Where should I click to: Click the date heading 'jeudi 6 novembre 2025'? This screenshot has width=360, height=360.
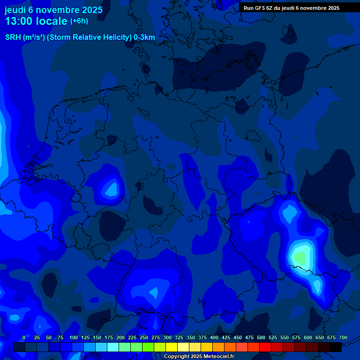(x=53, y=10)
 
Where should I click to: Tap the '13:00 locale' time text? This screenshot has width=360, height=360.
(x=36, y=21)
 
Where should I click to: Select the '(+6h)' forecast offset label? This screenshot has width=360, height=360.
(x=79, y=21)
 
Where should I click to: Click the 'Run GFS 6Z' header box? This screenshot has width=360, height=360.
(x=291, y=8)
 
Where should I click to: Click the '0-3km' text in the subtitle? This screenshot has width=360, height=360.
(x=144, y=37)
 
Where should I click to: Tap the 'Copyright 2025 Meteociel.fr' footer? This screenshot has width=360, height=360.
(x=199, y=357)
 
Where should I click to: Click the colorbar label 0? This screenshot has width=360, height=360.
(x=24, y=337)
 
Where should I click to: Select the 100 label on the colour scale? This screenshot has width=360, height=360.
(x=74, y=337)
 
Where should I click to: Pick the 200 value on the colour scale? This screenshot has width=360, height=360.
(x=120, y=337)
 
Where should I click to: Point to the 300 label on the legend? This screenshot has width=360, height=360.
(x=167, y=337)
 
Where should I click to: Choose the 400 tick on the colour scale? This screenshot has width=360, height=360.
(x=214, y=337)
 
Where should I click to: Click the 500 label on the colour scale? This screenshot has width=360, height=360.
(x=261, y=337)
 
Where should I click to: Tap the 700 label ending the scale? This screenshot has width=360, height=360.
(x=343, y=337)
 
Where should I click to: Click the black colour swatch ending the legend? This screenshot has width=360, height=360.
(x=336, y=347)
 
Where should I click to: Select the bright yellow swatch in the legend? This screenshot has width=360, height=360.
(x=172, y=347)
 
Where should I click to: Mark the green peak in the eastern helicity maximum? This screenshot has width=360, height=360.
(x=300, y=257)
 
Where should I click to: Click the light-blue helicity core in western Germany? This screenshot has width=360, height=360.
(x=112, y=188)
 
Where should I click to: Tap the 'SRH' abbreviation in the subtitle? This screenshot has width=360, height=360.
(x=13, y=37)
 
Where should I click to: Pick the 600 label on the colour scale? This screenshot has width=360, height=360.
(x=308, y=337)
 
